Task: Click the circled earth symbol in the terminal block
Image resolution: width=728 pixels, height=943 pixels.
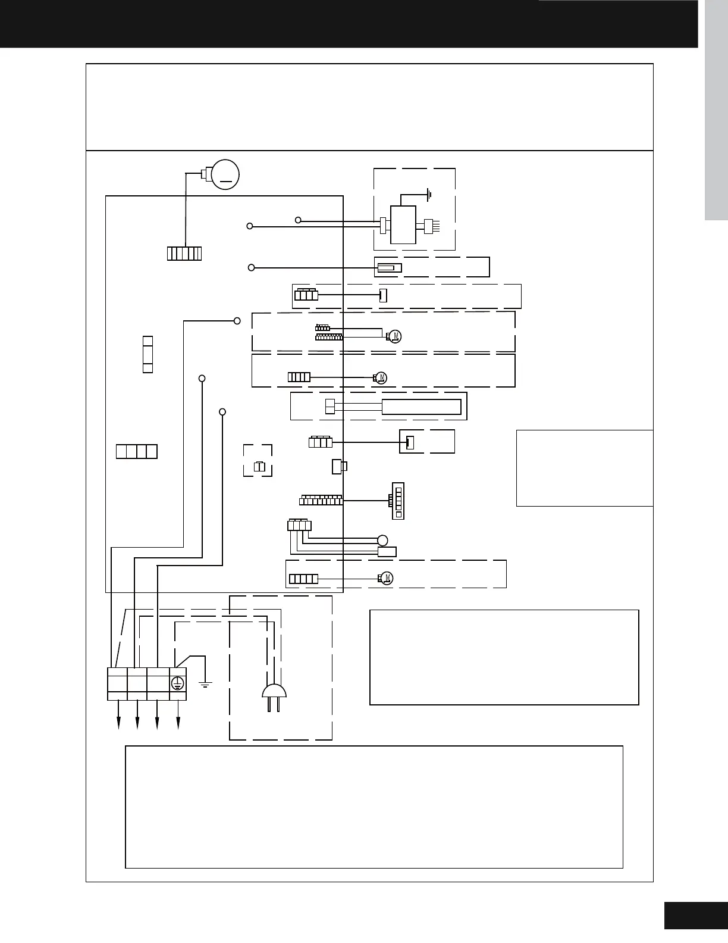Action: [x=177, y=683]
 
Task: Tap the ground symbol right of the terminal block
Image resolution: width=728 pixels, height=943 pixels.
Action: [x=205, y=685]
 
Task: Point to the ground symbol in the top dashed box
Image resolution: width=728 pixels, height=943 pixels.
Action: [x=428, y=195]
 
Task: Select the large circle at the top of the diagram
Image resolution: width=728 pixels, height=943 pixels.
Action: [x=225, y=174]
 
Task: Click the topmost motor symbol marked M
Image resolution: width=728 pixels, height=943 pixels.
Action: [x=394, y=336]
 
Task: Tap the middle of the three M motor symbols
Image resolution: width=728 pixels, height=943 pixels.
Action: [x=381, y=377]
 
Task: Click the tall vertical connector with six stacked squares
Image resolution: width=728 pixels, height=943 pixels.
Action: [x=398, y=501]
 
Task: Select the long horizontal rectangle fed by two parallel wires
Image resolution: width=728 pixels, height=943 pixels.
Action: [x=422, y=407]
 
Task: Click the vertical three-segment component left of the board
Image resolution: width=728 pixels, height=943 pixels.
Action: [x=148, y=354]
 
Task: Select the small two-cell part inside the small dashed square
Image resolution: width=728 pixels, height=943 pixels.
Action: [x=259, y=467]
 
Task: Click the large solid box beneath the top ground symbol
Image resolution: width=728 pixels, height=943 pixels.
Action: [x=403, y=225]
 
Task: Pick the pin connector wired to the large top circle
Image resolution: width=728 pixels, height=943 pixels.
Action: [x=184, y=254]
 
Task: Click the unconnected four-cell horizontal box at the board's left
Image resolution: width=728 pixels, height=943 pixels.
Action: [x=137, y=452]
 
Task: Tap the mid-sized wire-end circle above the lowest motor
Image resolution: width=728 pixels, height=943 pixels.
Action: [x=382, y=541]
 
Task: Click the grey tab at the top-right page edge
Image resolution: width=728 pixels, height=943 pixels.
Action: [x=716, y=110]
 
